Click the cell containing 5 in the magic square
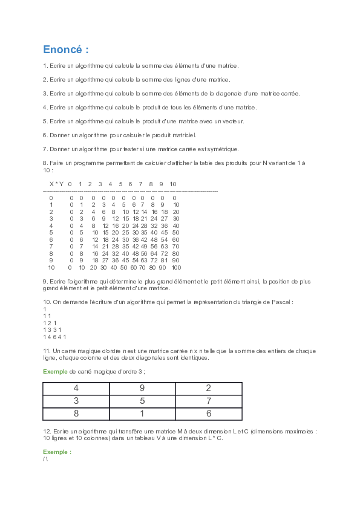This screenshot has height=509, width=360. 142,401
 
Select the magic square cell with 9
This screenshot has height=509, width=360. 142,388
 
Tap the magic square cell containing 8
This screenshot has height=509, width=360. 76,414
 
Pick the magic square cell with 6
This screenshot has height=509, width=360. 209,414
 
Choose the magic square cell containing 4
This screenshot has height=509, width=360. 76,388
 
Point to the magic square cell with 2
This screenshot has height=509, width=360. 209,388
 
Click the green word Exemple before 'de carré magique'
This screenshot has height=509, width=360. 55,371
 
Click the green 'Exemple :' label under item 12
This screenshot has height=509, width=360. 57,452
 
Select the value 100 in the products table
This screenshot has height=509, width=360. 176,267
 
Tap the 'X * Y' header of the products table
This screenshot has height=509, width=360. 56,184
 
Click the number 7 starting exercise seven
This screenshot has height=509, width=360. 45,149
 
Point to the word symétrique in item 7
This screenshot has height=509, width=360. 224,149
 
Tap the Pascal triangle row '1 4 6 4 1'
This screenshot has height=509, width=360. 54,337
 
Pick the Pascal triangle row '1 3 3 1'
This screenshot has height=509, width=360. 51,329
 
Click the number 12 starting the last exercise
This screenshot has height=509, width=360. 47,431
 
